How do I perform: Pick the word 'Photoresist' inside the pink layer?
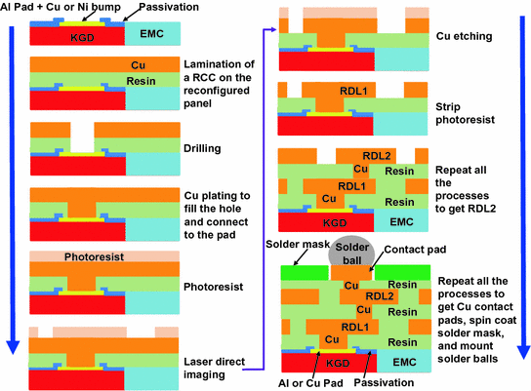click(79, 257)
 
